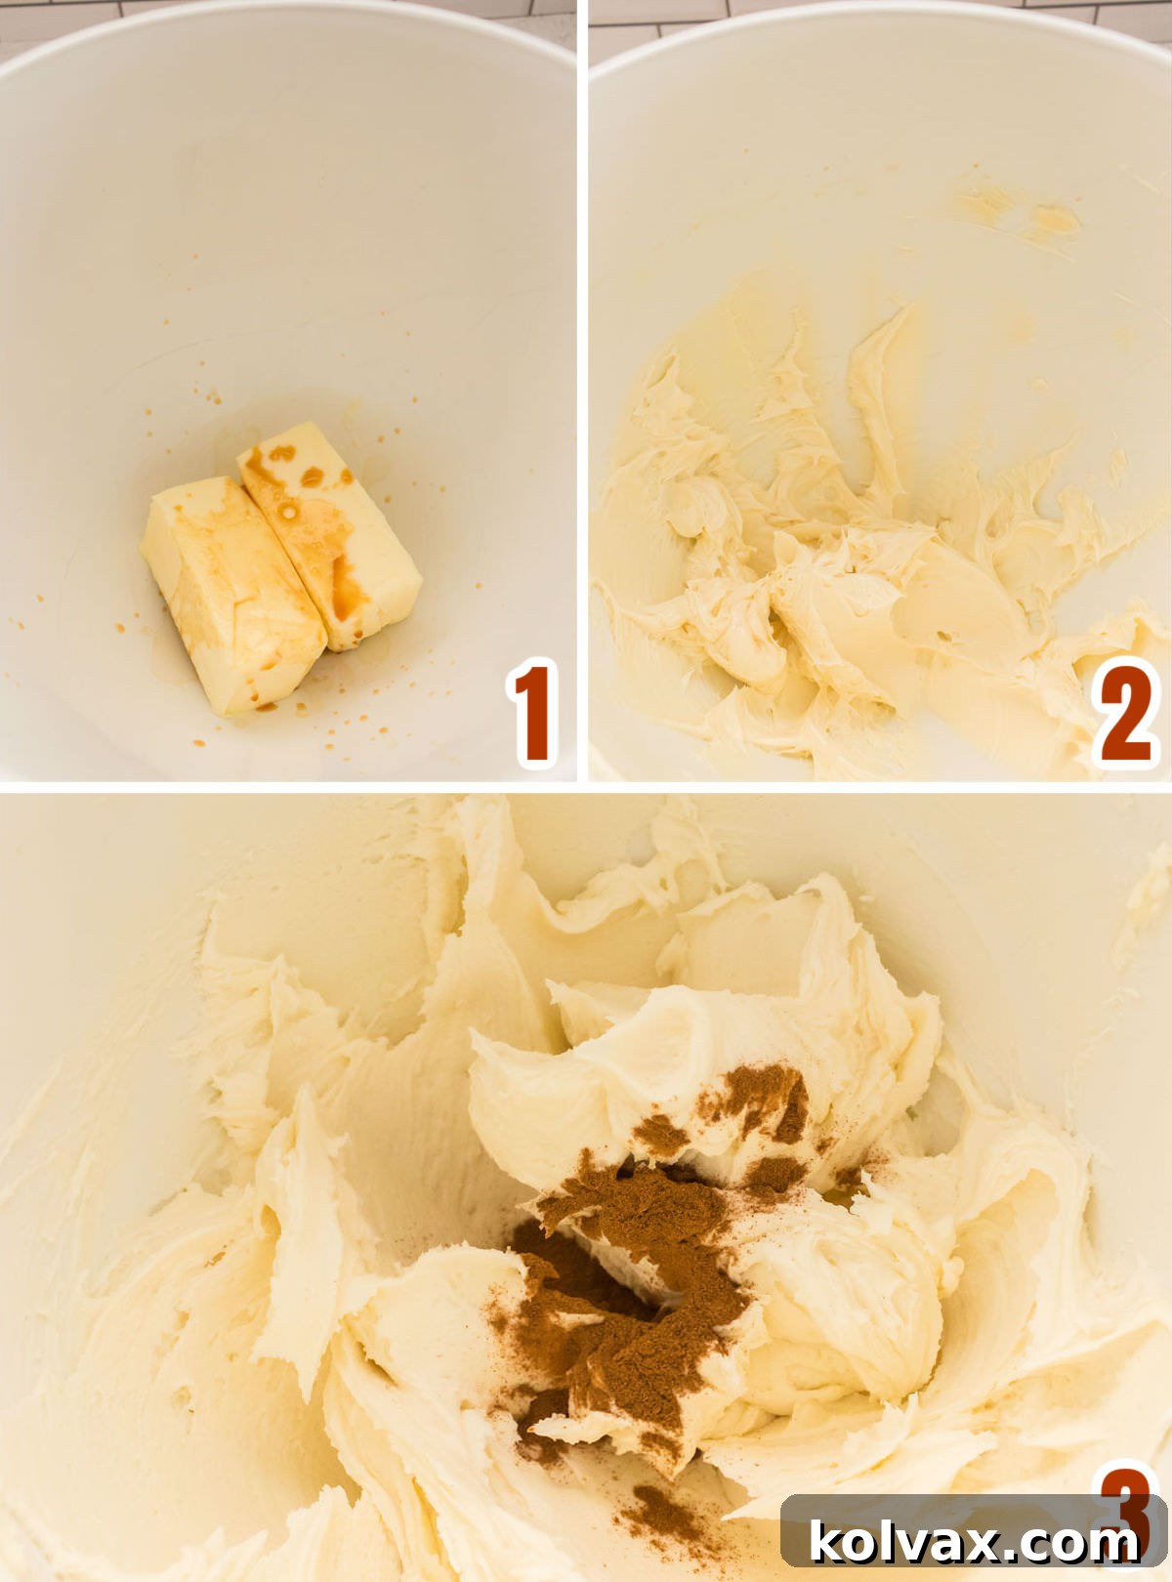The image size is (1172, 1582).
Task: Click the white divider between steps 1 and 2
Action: tap(582, 391)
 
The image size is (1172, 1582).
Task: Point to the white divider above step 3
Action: tap(586, 786)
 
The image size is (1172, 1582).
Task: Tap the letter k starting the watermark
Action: tap(827, 1542)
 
